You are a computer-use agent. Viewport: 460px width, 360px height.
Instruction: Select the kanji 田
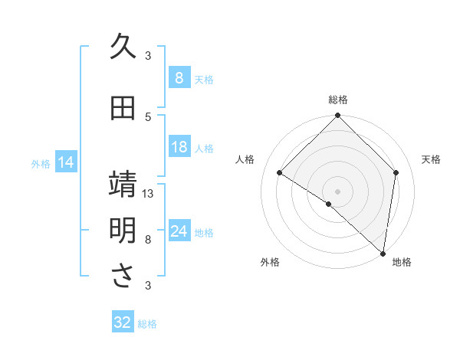(x=123, y=109)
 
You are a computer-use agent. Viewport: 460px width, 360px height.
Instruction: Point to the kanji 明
(x=123, y=231)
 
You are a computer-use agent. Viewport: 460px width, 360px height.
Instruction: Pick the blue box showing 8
(x=179, y=78)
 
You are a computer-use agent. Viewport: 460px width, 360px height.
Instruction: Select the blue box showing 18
(x=179, y=148)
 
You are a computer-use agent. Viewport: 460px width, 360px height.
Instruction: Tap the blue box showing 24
(x=179, y=232)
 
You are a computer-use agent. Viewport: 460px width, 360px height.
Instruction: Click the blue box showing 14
(x=65, y=162)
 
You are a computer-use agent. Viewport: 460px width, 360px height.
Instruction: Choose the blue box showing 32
(x=123, y=322)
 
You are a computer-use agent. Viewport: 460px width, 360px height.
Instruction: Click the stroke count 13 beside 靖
(x=148, y=194)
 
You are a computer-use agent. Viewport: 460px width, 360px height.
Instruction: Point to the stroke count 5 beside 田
(x=148, y=116)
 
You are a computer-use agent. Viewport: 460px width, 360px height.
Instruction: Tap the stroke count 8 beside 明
(x=148, y=239)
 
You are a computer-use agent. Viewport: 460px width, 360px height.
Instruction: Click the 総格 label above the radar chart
(x=337, y=100)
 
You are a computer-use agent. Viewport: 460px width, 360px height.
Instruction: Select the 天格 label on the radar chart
(x=431, y=159)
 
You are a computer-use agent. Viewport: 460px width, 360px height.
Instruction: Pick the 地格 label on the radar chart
(x=402, y=262)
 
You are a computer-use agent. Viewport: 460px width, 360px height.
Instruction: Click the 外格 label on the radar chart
(x=270, y=262)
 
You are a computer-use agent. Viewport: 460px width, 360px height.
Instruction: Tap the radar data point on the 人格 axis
(x=280, y=172)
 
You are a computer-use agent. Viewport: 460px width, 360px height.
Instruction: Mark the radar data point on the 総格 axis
(x=337, y=116)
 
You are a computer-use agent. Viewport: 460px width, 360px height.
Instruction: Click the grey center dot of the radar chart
(x=337, y=191)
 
